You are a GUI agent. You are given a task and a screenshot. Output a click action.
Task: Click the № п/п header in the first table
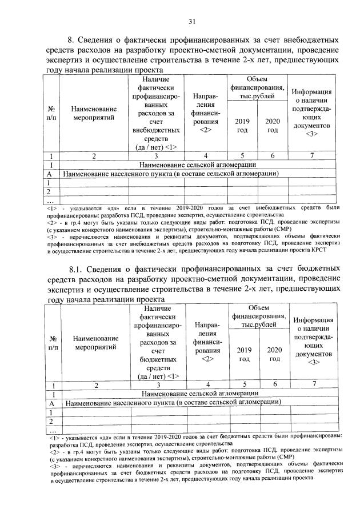[51, 113]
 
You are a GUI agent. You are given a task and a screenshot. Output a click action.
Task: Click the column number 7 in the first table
[312, 155]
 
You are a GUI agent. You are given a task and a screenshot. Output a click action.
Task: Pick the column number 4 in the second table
[207, 385]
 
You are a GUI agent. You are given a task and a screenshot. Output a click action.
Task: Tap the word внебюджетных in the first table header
[153, 130]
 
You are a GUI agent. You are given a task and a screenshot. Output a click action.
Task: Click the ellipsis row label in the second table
[53, 430]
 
